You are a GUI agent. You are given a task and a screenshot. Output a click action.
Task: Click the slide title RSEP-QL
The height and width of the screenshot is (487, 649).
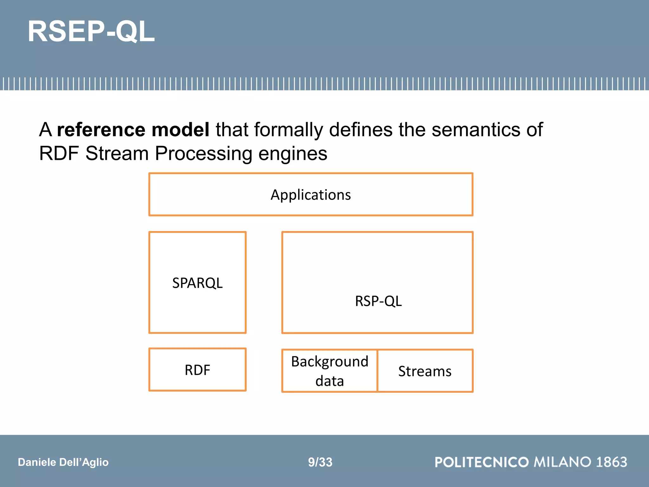point(91,31)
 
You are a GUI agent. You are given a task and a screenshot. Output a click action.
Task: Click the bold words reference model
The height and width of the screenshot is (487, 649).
point(133,130)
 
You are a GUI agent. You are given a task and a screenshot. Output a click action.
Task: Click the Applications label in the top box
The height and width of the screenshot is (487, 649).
point(311,195)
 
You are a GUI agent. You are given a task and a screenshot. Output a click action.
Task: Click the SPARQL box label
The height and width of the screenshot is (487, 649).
point(197,283)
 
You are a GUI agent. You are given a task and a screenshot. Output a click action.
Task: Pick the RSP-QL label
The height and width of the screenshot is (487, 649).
point(378,301)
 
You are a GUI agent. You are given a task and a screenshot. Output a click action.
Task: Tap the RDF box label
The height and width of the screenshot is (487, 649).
point(197,370)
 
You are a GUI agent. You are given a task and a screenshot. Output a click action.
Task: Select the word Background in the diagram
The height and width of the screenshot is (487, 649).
point(330,361)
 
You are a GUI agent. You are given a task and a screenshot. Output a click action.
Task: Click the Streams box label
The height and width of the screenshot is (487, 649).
point(425,371)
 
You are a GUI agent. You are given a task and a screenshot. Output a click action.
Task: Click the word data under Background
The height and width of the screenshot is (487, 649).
point(330,381)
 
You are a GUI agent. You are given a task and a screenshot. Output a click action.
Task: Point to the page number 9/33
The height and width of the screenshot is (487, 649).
point(320,462)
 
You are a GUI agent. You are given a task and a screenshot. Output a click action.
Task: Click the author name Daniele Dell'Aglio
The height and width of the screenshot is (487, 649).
point(63,462)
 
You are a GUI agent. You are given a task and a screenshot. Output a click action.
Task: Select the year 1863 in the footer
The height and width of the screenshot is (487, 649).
point(611,462)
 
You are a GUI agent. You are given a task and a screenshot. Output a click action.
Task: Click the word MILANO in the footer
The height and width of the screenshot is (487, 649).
point(562,462)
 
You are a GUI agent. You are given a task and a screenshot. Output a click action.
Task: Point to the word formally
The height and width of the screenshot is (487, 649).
point(288,130)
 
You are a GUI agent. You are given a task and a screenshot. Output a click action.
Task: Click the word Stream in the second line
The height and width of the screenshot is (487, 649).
point(117,153)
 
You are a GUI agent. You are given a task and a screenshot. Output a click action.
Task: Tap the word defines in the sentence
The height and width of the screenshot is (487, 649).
point(361,130)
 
